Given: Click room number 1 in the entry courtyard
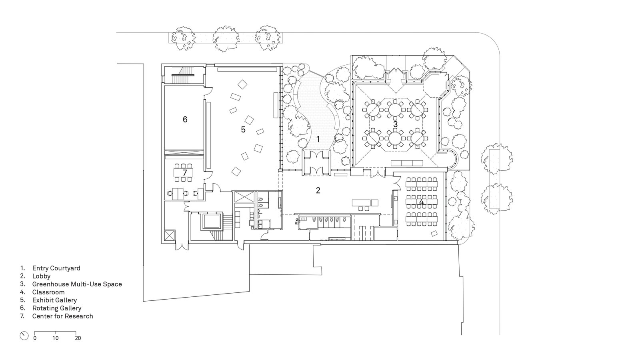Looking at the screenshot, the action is click(318, 140).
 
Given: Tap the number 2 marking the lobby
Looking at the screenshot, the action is click(318, 190).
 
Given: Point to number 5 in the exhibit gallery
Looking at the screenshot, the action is click(243, 130).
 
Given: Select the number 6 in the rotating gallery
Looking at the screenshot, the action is click(185, 120).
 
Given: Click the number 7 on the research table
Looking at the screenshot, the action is click(184, 172).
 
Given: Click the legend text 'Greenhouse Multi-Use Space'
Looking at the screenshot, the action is click(77, 284).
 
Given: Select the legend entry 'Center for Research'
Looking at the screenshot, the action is click(62, 316).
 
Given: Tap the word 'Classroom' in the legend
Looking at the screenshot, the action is click(48, 292).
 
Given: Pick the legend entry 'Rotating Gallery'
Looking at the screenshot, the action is click(57, 308).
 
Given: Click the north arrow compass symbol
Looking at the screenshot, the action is click(24, 336).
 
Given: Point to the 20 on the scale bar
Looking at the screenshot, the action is click(78, 338).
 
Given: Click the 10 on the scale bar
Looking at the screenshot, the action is click(56, 338).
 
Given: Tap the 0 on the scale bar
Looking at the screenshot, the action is click(35, 338).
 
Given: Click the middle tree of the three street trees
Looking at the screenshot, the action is click(226, 39).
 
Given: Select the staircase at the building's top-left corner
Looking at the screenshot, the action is click(183, 75).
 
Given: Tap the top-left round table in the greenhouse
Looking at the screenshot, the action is click(372, 110).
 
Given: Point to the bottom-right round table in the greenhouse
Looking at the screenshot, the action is click(418, 138).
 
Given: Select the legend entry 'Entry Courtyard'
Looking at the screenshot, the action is click(56, 268).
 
